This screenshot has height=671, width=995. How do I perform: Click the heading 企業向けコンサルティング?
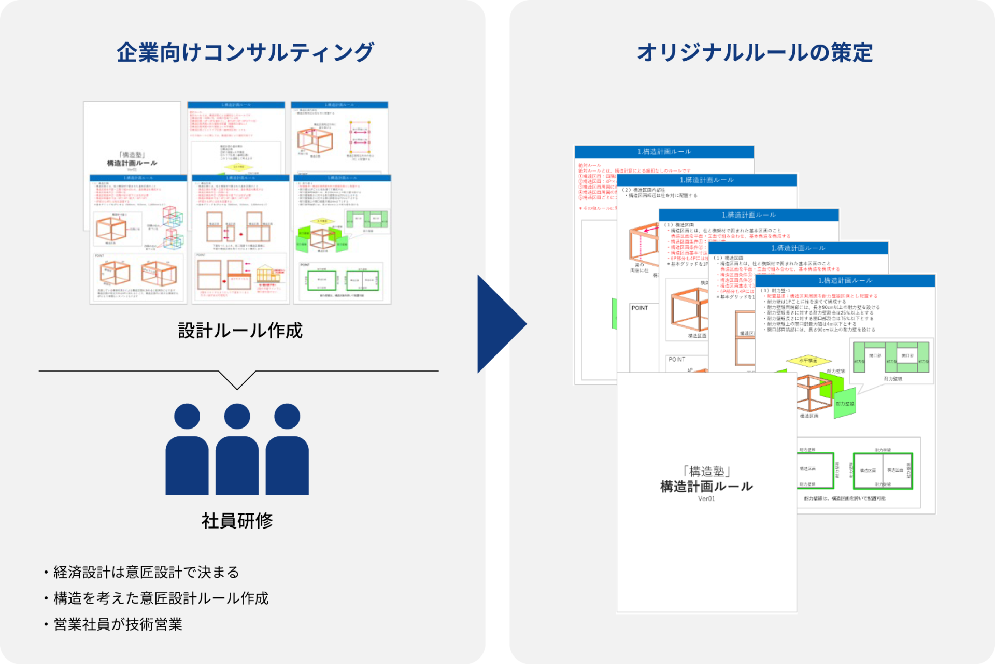coord(245,52)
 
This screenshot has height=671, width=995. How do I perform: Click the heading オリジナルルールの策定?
coord(755,52)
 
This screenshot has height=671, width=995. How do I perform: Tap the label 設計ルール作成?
coord(240,331)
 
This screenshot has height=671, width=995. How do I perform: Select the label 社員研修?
coord(237,520)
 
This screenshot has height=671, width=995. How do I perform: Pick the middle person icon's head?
coord(237,416)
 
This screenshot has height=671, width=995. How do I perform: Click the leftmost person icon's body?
coord(187,466)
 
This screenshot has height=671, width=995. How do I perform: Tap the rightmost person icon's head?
coord(287,416)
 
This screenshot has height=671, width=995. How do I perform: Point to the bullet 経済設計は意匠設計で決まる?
coord(146,572)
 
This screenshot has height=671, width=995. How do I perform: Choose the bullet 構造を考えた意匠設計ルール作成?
coord(161,598)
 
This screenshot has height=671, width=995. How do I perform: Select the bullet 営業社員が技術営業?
coord(118,624)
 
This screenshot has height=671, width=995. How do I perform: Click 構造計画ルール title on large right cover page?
coord(706,486)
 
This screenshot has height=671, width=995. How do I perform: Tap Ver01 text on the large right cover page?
coord(706,499)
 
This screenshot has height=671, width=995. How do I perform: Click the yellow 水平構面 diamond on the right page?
coord(808,360)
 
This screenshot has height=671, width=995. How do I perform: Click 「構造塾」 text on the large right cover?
coord(706,471)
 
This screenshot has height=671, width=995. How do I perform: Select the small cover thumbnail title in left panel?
coord(132,163)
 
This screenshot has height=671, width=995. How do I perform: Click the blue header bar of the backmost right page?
coord(664,152)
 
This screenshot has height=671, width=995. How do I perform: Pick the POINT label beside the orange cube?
coord(639,308)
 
